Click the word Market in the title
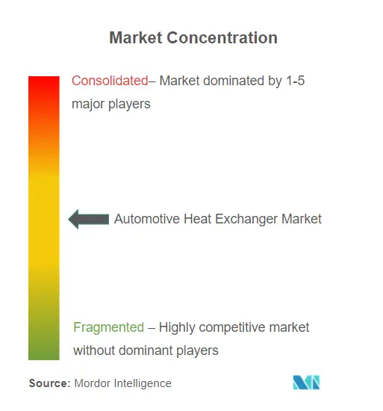(136, 38)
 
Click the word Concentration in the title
(222, 38)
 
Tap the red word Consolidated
(110, 81)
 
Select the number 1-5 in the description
(296, 81)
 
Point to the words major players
(111, 104)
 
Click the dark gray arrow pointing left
(89, 219)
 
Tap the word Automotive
(147, 219)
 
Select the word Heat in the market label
(197, 219)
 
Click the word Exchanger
(246, 220)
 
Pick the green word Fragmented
(109, 327)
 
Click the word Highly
(177, 327)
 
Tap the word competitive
(232, 327)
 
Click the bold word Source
(50, 383)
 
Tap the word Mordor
(92, 383)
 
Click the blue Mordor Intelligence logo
(306, 383)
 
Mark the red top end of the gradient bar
(44, 76)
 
